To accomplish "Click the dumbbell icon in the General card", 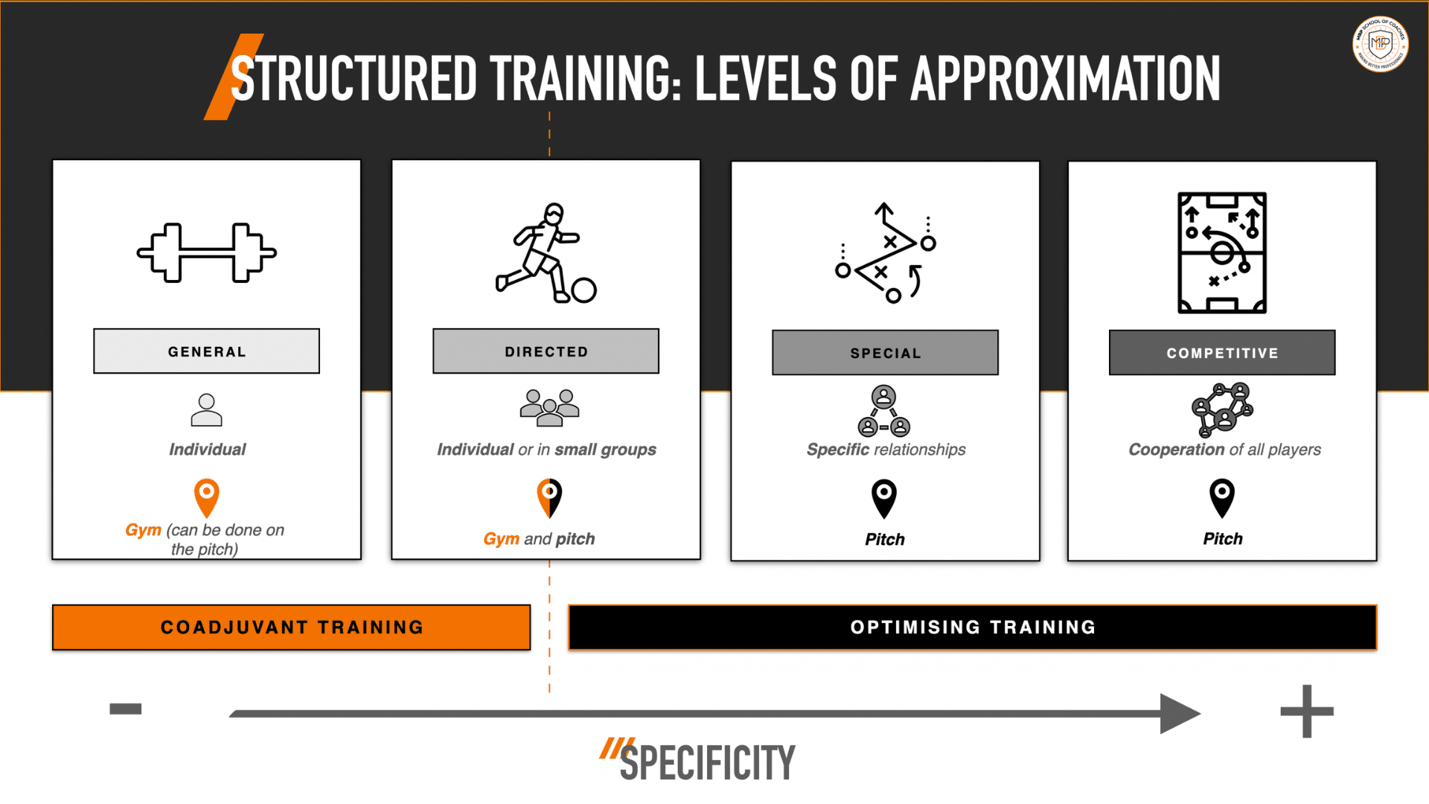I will tap(206, 252).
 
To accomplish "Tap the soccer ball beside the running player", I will tap(584, 290).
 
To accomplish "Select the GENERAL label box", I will tap(206, 351).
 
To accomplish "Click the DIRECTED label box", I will tap(546, 351).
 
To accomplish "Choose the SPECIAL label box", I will tap(885, 353).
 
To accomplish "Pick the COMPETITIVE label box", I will tap(1222, 353).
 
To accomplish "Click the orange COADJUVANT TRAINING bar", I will tap(291, 628).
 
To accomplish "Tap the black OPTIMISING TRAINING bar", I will tap(972, 628).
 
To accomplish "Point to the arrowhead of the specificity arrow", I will tap(1180, 713).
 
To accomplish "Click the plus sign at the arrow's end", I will tap(1307, 712).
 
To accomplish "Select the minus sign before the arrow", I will tap(125, 709).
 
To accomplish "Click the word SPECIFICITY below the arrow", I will tap(707, 763).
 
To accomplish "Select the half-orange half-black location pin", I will tap(549, 497).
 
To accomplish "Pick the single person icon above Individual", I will tap(206, 410).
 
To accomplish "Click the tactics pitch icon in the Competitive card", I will tap(1222, 252).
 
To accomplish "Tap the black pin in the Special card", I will tap(884, 497).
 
